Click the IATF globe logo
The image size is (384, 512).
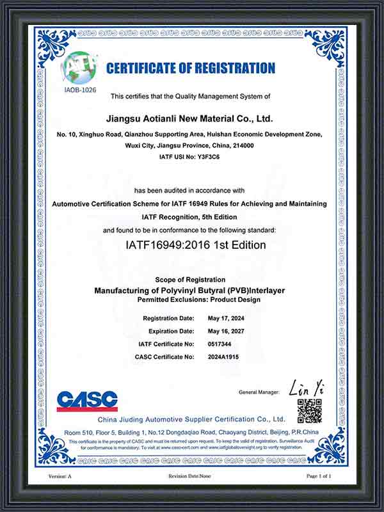(x=80, y=68)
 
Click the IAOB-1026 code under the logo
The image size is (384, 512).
(x=80, y=90)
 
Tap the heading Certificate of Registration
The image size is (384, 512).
(x=191, y=68)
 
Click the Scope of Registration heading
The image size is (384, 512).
(x=190, y=280)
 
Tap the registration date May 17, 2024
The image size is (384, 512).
(x=227, y=318)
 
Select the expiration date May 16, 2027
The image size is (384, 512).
(x=227, y=331)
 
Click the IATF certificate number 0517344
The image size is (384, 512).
(x=218, y=344)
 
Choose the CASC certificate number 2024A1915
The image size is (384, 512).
(x=222, y=356)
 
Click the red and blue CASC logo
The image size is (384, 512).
(x=87, y=401)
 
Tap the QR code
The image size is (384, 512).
(x=310, y=410)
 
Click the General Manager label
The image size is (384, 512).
(x=259, y=392)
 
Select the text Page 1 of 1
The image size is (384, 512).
(x=320, y=477)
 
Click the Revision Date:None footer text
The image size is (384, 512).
(x=189, y=477)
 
